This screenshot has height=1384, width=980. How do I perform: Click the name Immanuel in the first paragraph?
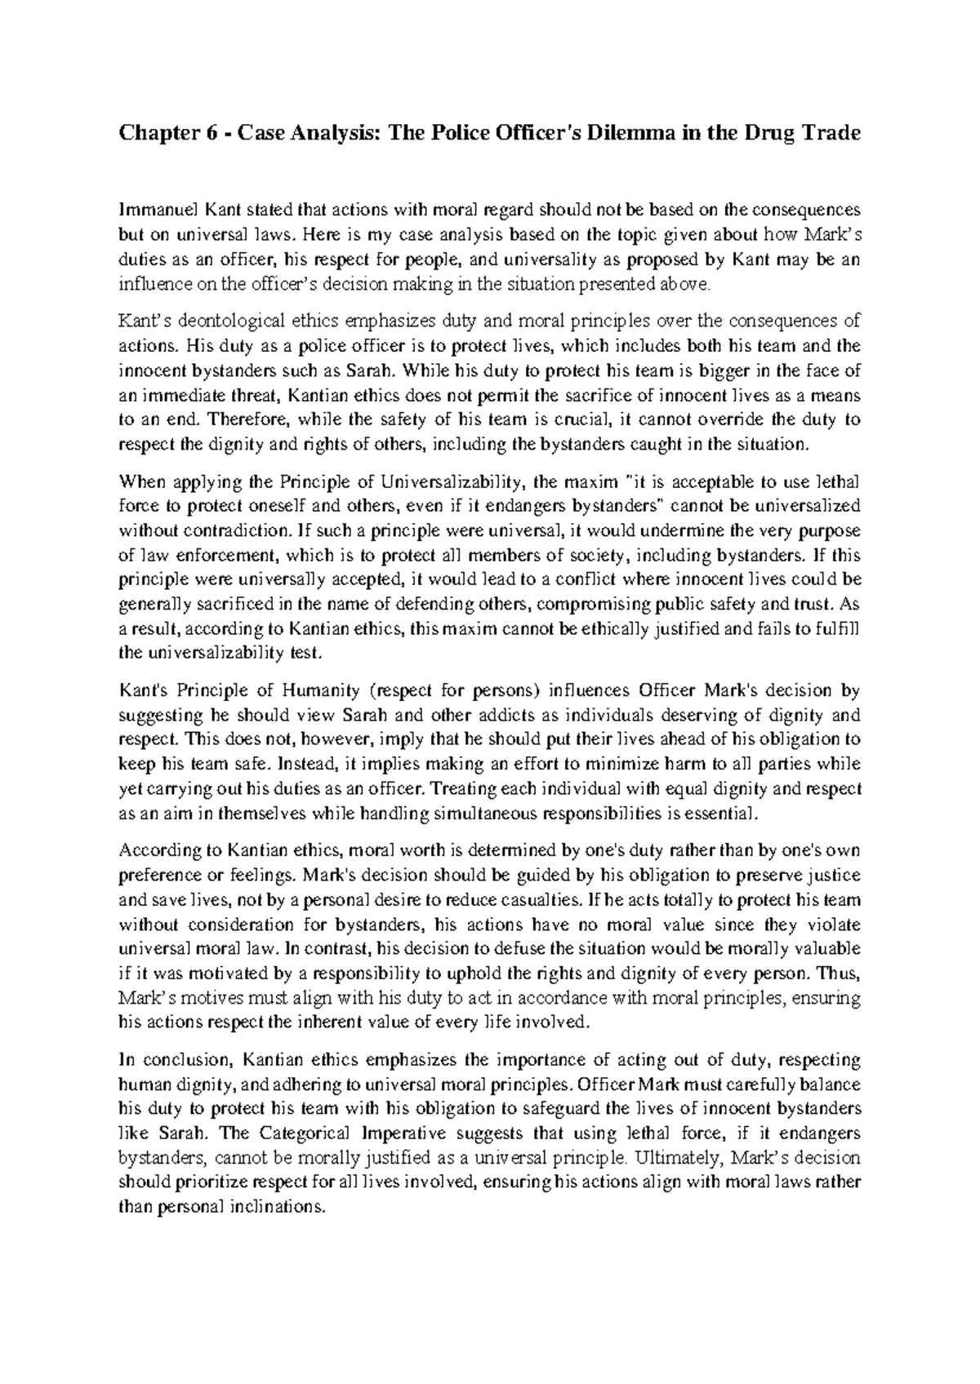tap(153, 209)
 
